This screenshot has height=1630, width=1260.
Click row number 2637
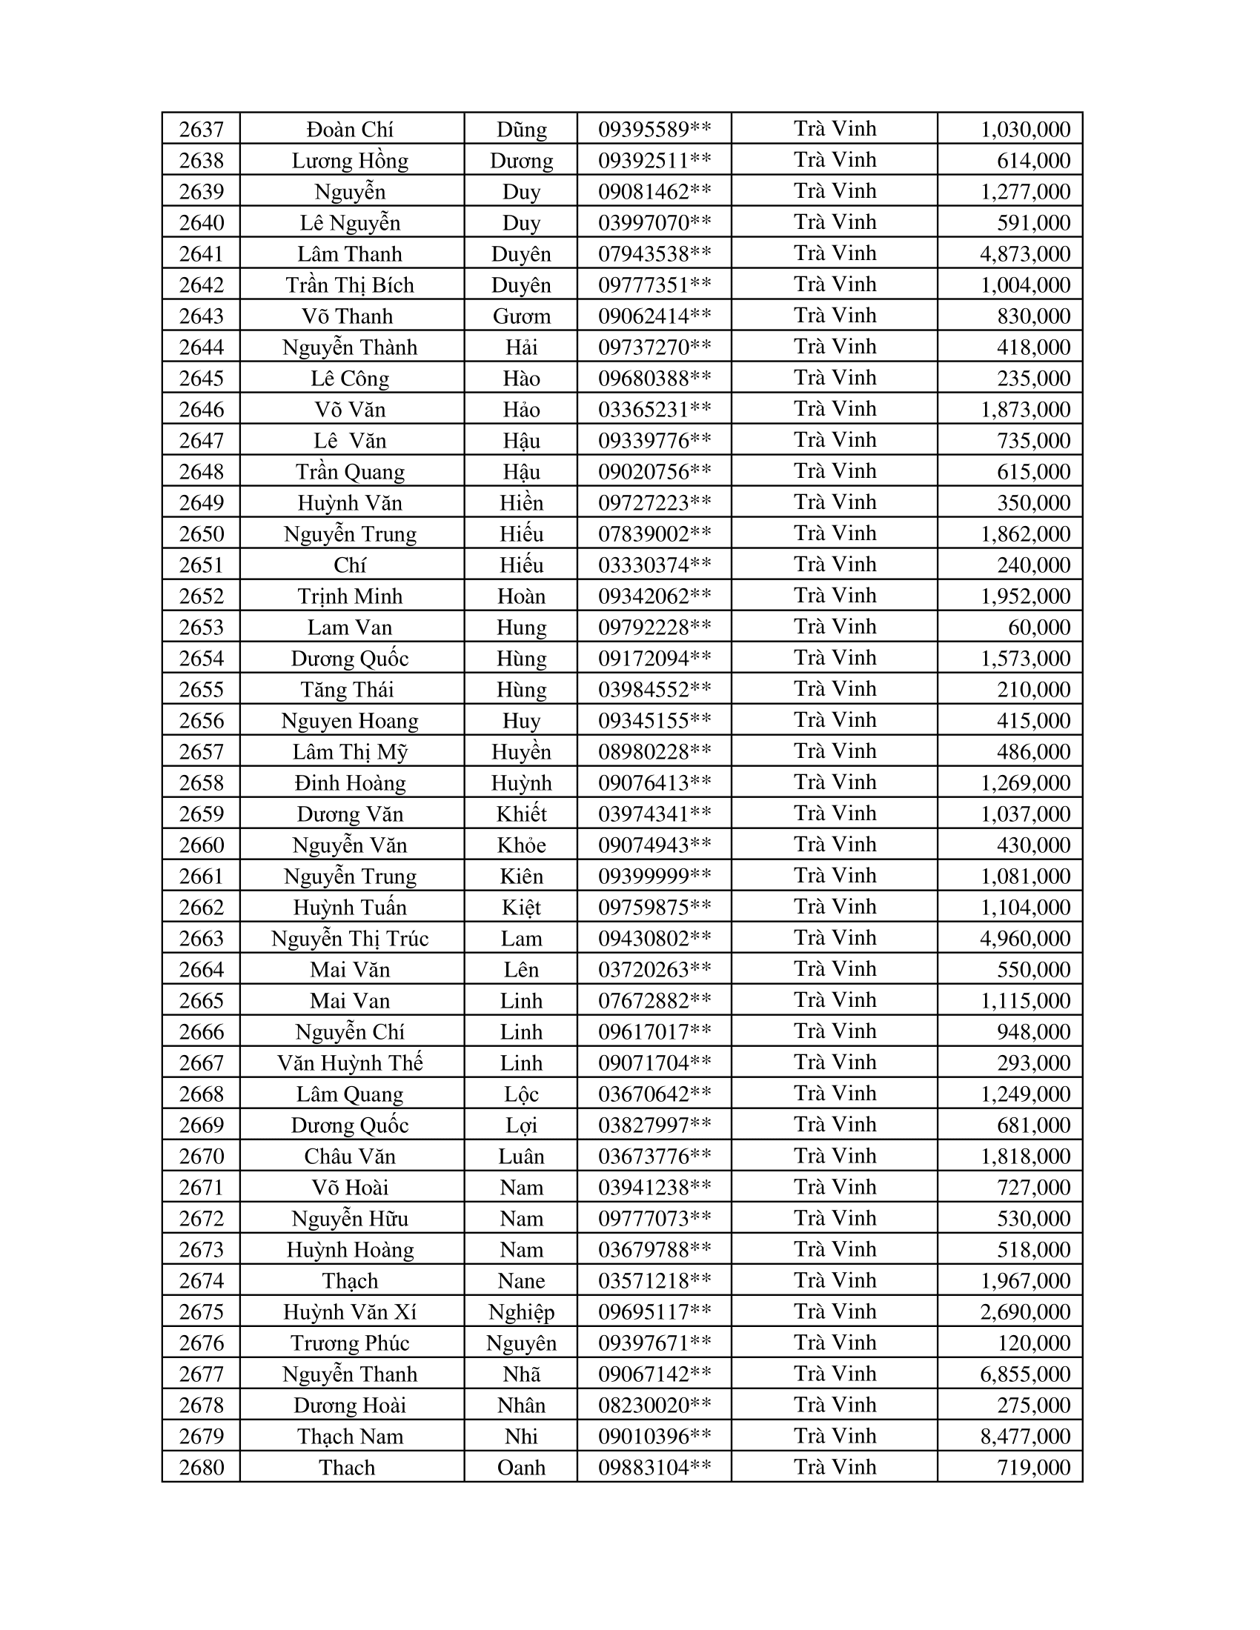coord(202,130)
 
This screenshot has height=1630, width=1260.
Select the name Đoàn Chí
coord(349,130)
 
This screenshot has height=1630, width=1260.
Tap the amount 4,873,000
coord(1025,254)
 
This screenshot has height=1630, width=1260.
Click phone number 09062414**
coord(654,316)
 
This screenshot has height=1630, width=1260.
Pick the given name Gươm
coord(521,316)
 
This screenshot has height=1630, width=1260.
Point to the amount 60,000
coord(1039,628)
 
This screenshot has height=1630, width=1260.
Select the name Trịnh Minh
coord(349,596)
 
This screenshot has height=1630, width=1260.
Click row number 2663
coord(202,939)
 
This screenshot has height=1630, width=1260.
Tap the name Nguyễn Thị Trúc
coord(349,939)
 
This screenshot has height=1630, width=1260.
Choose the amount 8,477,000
coord(1025,1437)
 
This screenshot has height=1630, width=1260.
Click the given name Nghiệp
coord(521,1312)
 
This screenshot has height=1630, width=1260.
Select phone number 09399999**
coord(654,876)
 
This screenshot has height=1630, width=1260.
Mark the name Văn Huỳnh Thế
coord(349,1062)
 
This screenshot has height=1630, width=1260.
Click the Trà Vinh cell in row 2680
coord(835,1467)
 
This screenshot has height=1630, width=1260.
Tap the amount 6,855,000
coord(1025,1374)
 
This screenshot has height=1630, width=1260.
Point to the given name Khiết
coord(521,814)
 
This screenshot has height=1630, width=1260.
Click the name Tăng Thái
coord(347,690)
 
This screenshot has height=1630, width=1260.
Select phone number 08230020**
coord(654,1406)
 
